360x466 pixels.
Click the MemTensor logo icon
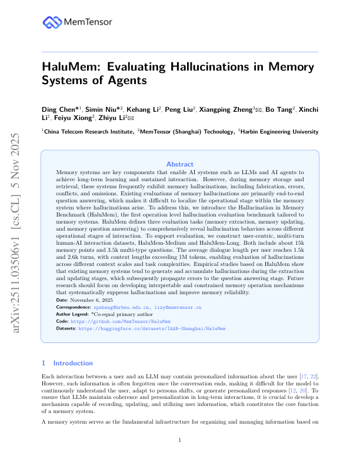[51, 22]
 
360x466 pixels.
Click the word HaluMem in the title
[70, 66]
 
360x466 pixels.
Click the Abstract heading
[179, 164]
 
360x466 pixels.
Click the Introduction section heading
[72, 363]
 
